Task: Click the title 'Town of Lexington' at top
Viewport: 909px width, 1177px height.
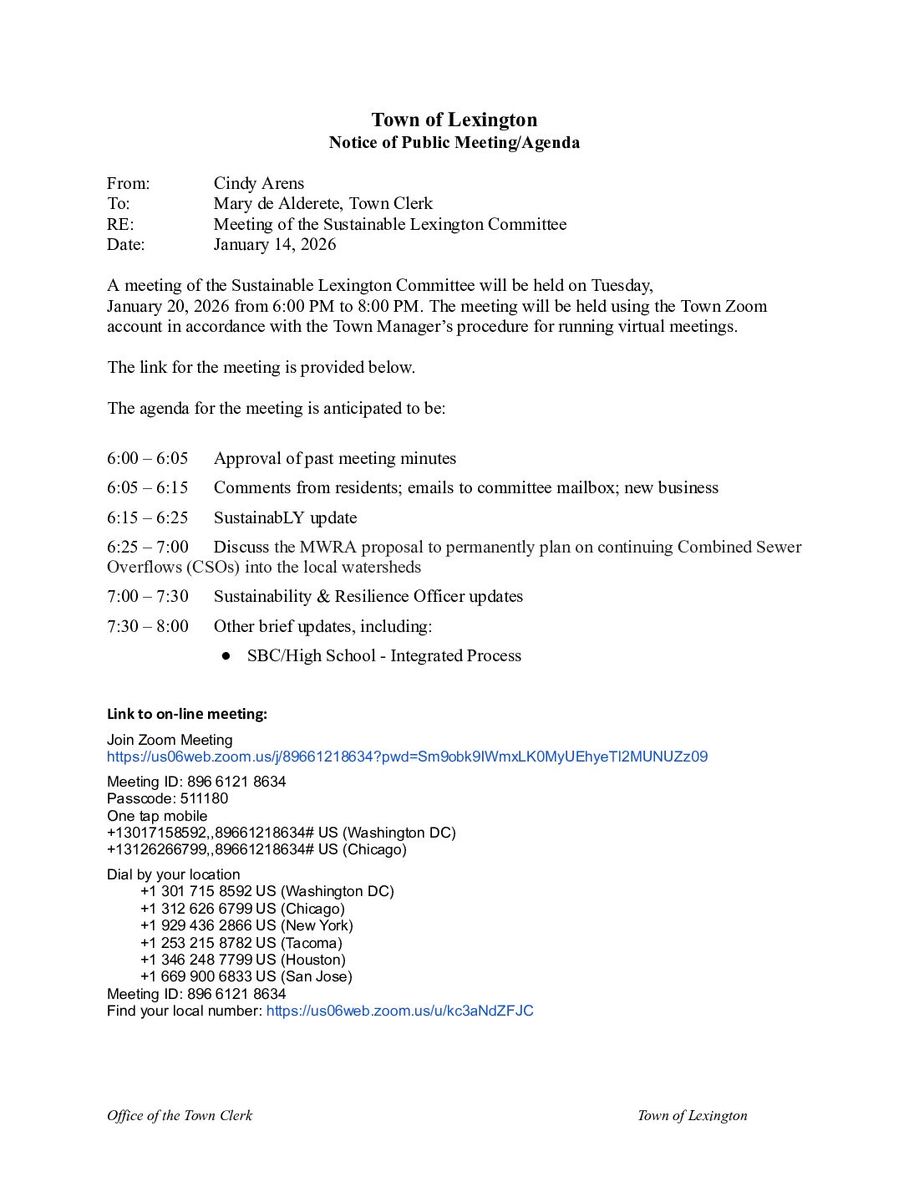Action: [454, 120]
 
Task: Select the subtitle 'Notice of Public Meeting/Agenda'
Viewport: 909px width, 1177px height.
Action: [454, 142]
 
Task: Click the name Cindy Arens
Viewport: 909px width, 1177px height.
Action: [258, 183]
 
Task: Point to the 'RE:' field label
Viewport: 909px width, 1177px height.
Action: [120, 224]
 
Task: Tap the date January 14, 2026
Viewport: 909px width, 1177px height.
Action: [274, 244]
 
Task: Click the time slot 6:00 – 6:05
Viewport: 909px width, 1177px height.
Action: [147, 458]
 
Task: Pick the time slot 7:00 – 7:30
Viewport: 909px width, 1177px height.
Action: [147, 596]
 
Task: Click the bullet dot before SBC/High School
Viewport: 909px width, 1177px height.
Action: [226, 656]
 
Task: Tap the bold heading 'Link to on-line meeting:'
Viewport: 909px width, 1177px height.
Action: [187, 714]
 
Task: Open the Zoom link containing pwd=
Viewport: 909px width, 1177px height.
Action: [407, 757]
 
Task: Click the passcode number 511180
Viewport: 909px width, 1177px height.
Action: [204, 798]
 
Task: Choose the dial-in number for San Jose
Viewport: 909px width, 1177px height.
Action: [196, 976]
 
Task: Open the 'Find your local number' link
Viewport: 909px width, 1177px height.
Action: [399, 1011]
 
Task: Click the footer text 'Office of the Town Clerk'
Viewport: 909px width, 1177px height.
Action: [180, 1115]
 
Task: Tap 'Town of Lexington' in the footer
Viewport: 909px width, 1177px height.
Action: [692, 1115]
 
